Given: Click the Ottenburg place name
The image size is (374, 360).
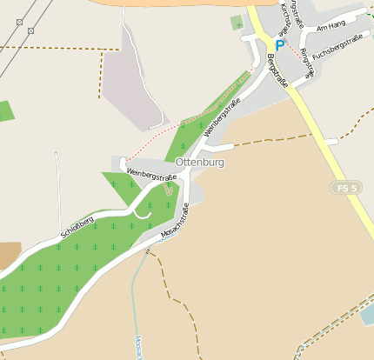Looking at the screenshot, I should click(x=199, y=163).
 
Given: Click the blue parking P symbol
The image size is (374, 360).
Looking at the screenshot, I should click(x=279, y=45).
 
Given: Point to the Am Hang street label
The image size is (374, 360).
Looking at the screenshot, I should click(x=331, y=27).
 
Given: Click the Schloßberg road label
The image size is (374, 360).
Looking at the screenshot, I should click(x=78, y=224).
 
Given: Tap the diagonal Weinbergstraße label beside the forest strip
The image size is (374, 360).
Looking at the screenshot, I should click(x=222, y=119).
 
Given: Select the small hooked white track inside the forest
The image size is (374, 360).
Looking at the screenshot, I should click(x=143, y=210).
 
